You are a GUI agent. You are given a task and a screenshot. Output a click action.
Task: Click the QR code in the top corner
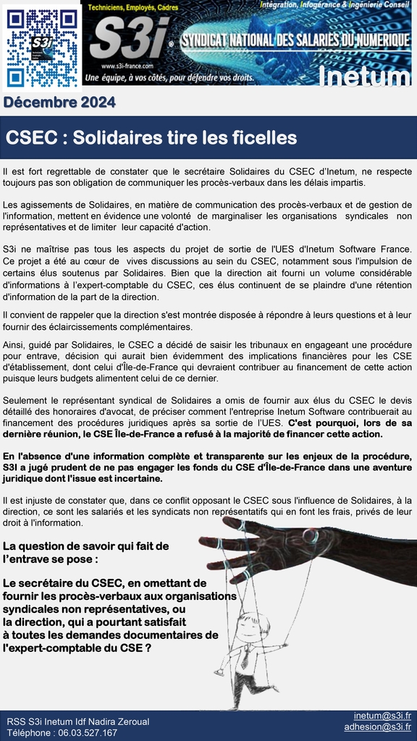coord(42,46)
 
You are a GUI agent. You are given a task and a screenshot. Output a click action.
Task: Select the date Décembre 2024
coord(59,103)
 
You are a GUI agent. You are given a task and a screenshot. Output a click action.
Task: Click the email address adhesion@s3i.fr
coord(377,727)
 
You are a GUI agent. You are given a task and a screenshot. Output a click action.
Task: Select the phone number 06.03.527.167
coord(87,732)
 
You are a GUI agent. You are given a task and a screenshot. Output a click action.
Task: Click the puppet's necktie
coord(246,658)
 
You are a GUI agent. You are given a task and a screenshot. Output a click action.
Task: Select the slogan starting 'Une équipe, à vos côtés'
coord(171,77)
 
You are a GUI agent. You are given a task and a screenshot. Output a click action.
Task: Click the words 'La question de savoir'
coord(58,546)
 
